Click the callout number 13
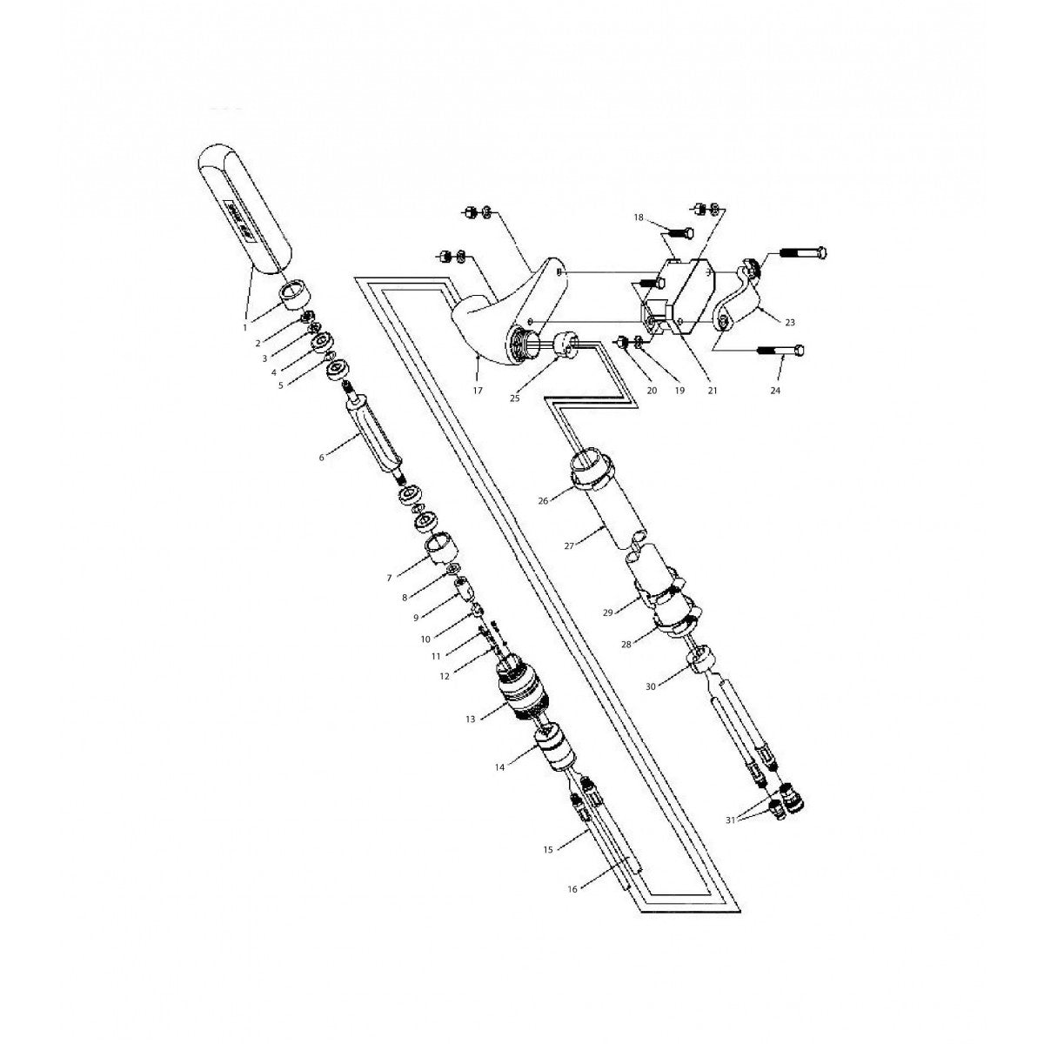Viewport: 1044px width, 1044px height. pyautogui.click(x=471, y=719)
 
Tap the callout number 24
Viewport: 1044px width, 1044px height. pyautogui.click(x=775, y=391)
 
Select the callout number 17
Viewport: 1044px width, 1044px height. pyautogui.click(x=478, y=391)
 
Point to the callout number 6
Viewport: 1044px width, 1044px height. pyautogui.click(x=322, y=457)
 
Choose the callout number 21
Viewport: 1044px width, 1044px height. pyautogui.click(x=713, y=391)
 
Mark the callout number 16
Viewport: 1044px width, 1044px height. pyautogui.click(x=572, y=888)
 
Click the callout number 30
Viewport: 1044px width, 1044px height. pyautogui.click(x=651, y=686)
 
